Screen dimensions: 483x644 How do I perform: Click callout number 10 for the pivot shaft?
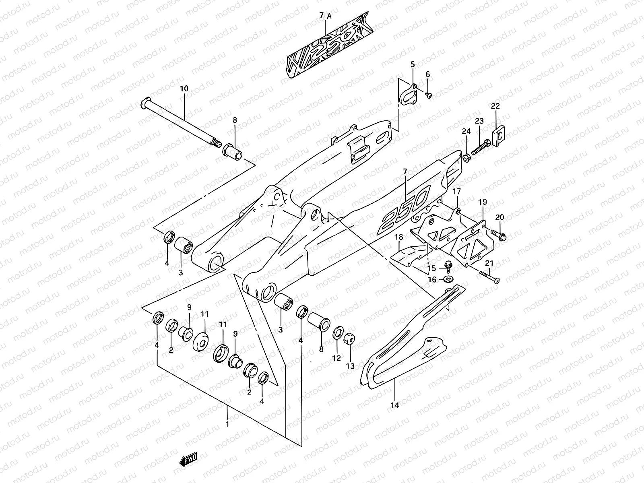pyautogui.click(x=184, y=89)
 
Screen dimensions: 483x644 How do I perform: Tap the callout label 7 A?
pyautogui.click(x=325, y=16)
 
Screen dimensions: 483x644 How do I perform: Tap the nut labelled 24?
pyautogui.click(x=466, y=158)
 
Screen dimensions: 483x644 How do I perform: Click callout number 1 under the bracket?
pyautogui.click(x=227, y=424)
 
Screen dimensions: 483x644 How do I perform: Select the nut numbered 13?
pyautogui.click(x=350, y=339)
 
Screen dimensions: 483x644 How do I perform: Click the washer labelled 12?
pyautogui.click(x=337, y=333)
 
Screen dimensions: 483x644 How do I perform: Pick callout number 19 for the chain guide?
pyautogui.click(x=483, y=202)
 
